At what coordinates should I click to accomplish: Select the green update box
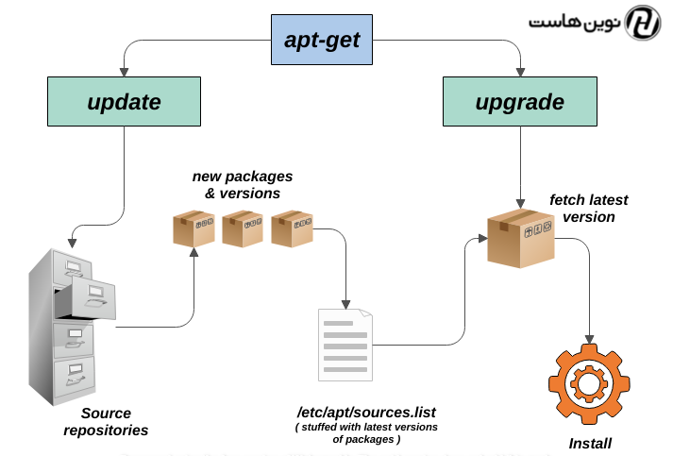(x=124, y=102)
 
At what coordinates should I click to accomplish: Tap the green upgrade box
(x=519, y=102)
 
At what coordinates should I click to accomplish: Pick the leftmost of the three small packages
(x=193, y=228)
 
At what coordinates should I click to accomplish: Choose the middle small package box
(x=243, y=228)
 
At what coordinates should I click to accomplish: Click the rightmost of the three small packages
(x=292, y=228)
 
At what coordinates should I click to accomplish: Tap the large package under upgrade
(x=520, y=237)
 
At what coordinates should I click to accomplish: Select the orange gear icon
(x=589, y=385)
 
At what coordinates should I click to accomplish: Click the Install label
(x=590, y=444)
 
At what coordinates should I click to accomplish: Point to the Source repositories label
(x=106, y=422)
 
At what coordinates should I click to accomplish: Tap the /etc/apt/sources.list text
(x=366, y=413)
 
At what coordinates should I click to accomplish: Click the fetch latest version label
(x=588, y=208)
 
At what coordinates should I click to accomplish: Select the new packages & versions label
(x=243, y=184)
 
